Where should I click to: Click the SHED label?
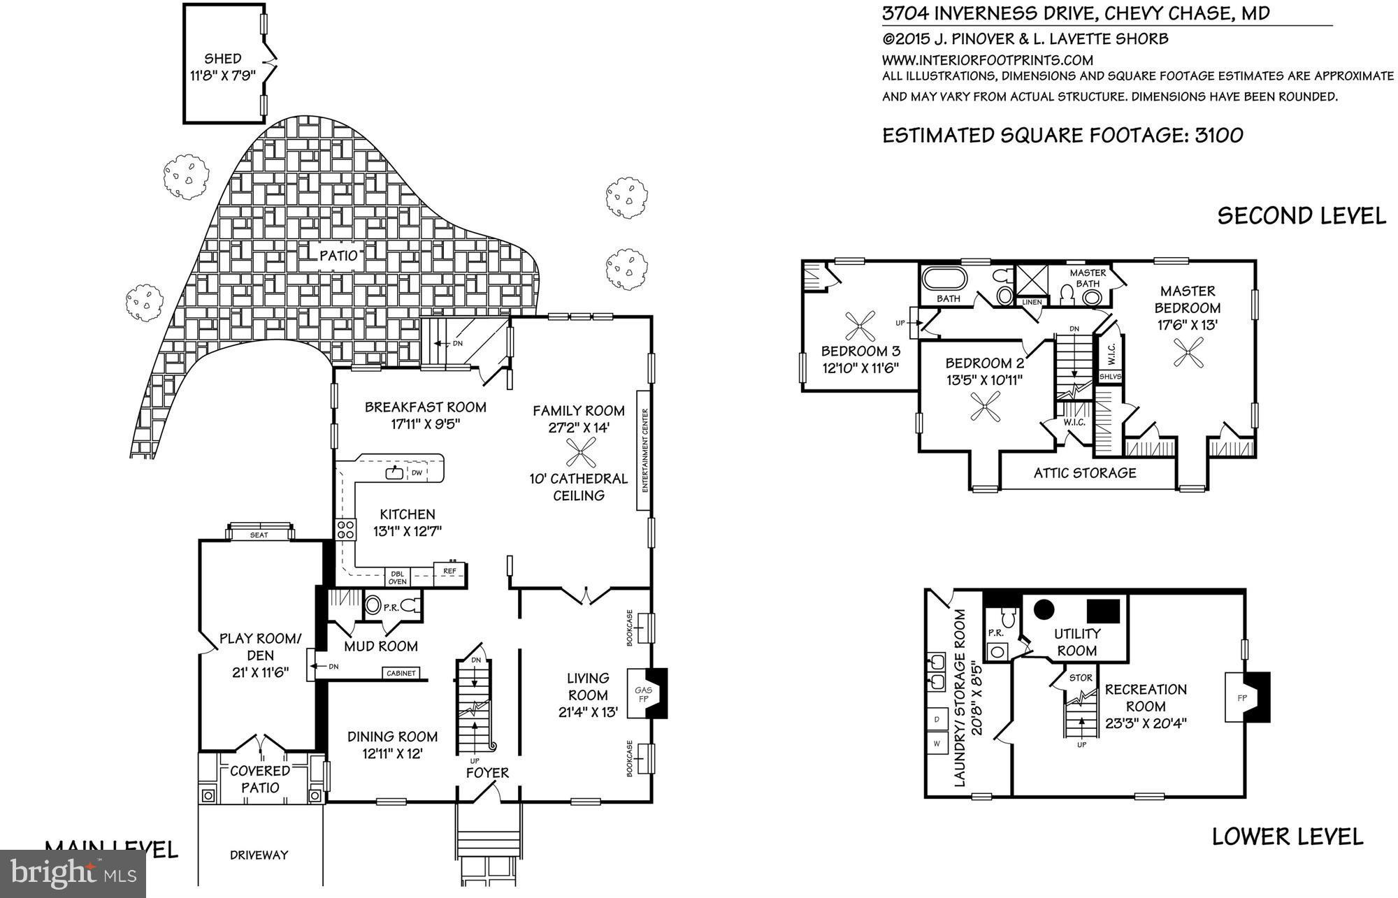coord(223,59)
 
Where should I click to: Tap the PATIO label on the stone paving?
coord(338,255)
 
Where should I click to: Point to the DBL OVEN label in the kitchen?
coord(397,578)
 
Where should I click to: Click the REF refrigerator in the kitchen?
coord(449,572)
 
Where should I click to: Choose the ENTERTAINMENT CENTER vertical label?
coord(644,451)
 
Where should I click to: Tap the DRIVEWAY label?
coord(259,855)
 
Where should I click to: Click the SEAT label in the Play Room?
coord(259,535)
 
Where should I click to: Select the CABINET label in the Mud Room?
coord(401,673)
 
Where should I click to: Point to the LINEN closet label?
coord(1032,302)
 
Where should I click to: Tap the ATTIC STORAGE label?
coord(1085,473)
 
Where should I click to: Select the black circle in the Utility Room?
coord(1044,609)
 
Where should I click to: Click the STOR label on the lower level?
coord(1080,678)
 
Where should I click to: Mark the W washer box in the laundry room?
coord(937,744)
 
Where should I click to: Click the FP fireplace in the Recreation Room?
coord(1243,697)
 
